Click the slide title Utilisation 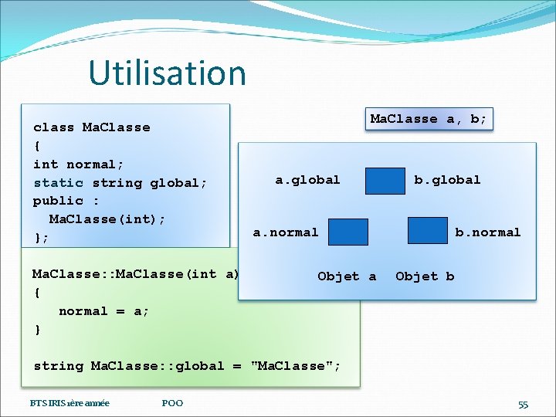point(167,73)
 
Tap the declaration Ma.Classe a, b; point(429,119)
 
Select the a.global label point(307,180)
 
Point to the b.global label point(447,180)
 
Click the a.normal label point(286,232)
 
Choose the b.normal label point(487,232)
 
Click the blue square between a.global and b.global point(385,181)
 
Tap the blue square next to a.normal point(348,232)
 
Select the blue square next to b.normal point(427,231)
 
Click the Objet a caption point(347,276)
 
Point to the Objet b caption point(425,276)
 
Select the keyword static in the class point(59,183)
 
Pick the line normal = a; point(104,311)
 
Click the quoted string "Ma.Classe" point(294,366)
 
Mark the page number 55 point(523,405)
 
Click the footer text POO point(172,403)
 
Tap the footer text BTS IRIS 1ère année point(69,403)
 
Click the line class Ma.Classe point(92,127)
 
